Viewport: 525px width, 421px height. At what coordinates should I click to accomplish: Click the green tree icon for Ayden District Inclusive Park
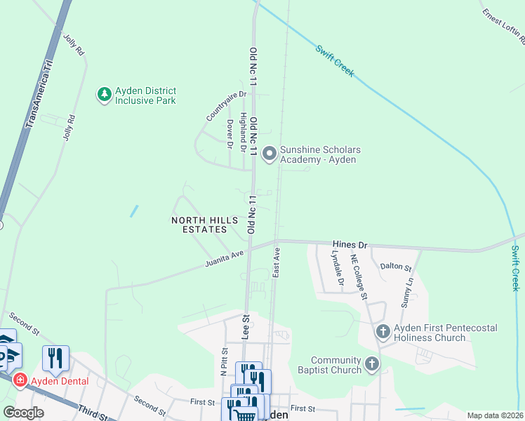click(x=105, y=94)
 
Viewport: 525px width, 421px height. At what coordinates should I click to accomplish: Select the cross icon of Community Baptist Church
click(x=372, y=363)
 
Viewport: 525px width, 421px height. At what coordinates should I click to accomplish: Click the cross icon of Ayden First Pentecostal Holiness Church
click(x=383, y=330)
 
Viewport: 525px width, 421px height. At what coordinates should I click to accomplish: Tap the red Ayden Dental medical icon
click(x=20, y=380)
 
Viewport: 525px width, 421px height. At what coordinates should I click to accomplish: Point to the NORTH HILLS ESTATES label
click(x=200, y=225)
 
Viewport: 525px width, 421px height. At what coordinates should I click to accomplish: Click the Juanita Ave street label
click(x=224, y=258)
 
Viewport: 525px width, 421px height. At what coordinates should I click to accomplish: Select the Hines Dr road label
click(x=350, y=245)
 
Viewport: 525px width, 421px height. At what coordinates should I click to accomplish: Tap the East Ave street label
click(x=277, y=260)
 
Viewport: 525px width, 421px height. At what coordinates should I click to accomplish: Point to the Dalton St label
click(x=394, y=266)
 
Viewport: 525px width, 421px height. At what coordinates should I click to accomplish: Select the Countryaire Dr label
click(x=227, y=105)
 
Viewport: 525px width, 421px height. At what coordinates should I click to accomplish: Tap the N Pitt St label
click(x=225, y=362)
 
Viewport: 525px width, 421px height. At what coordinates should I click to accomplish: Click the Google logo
click(x=23, y=413)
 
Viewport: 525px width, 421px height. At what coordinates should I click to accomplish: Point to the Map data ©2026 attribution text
click(x=495, y=415)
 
